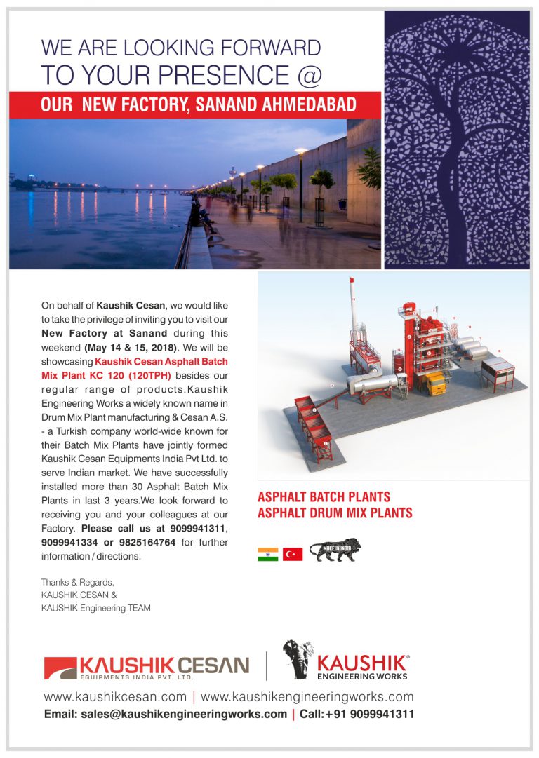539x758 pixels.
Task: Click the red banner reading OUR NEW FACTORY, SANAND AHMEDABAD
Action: pyautogui.click(x=194, y=105)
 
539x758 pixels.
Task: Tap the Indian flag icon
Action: pyautogui.click(x=267, y=554)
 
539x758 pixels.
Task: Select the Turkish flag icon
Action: pyautogui.click(x=292, y=554)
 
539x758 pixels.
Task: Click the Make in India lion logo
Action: pyautogui.click(x=335, y=550)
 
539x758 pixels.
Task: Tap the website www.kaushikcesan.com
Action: pyautogui.click(x=115, y=697)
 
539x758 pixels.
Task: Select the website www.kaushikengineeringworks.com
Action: pyautogui.click(x=307, y=697)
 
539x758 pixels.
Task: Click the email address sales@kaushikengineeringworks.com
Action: pyautogui.click(x=165, y=715)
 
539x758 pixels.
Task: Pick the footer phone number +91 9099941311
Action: pyautogui.click(x=369, y=715)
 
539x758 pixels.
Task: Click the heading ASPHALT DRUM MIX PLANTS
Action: pyautogui.click(x=335, y=513)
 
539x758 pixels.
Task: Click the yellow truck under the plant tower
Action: pyautogui.click(x=434, y=384)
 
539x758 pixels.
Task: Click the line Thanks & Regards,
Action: pyautogui.click(x=77, y=583)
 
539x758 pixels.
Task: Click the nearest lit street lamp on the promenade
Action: pyautogui.click(x=301, y=152)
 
